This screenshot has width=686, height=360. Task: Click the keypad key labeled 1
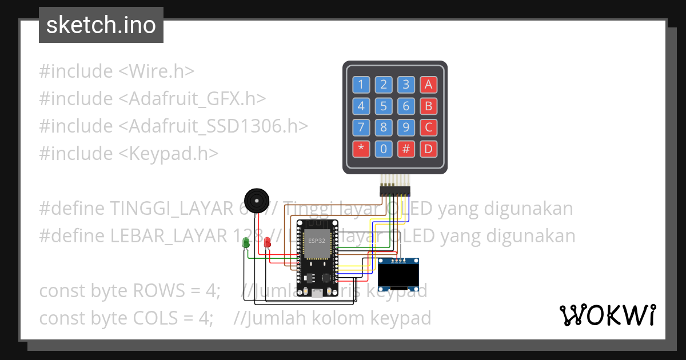click(361, 85)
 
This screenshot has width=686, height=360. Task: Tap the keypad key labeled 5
click(384, 106)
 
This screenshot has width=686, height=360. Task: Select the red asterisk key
click(361, 149)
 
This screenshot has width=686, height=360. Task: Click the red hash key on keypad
click(406, 149)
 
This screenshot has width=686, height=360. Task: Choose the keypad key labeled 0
click(384, 149)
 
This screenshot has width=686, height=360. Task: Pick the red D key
click(428, 149)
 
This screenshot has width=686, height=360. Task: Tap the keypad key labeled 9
click(406, 127)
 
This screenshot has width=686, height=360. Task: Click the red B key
click(428, 106)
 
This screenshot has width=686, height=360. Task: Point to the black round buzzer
click(256, 200)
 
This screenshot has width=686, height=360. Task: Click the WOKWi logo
click(607, 315)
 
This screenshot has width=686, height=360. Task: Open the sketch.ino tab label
click(101, 25)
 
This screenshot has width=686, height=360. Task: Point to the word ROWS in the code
click(157, 291)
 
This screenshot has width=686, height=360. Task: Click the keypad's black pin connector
click(395, 189)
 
